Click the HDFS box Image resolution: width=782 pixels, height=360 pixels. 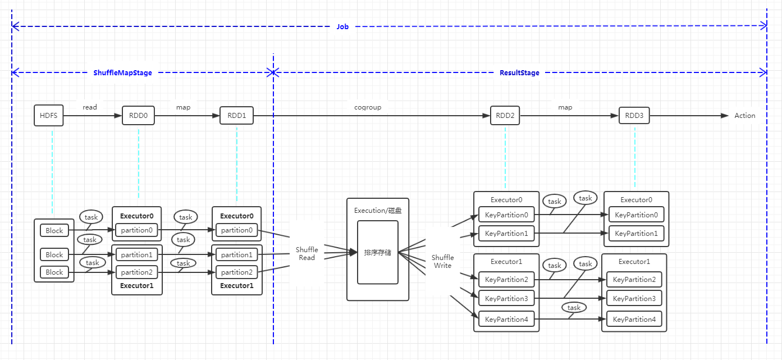pyautogui.click(x=49, y=116)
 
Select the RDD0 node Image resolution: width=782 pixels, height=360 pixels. pyautogui.click(x=138, y=116)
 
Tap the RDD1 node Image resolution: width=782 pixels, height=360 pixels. pyautogui.click(x=236, y=116)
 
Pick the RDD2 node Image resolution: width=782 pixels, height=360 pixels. pyautogui.click(x=505, y=116)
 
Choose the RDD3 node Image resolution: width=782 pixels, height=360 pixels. pyautogui.click(x=634, y=116)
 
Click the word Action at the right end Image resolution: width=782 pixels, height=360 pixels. pyautogui.click(x=745, y=116)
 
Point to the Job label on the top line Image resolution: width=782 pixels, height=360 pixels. pyautogui.click(x=342, y=26)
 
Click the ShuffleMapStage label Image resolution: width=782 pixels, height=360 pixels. pyautogui.click(x=122, y=72)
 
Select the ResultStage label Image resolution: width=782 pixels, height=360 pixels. pyautogui.click(x=519, y=72)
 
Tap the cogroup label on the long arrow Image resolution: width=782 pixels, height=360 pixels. pyautogui.click(x=368, y=107)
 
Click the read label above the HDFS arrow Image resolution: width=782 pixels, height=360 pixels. pyautogui.click(x=90, y=107)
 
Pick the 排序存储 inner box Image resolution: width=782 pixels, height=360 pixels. pyautogui.click(x=378, y=252)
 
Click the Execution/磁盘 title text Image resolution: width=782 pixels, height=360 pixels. pyautogui.click(x=378, y=211)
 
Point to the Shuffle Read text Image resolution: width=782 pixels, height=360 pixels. pyautogui.click(x=307, y=253)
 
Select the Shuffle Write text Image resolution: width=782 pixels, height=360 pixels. pyautogui.click(x=442, y=261)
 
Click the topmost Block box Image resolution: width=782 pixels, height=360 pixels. pyautogui.click(x=54, y=230)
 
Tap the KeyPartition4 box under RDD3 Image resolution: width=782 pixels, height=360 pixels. pyautogui.click(x=634, y=319)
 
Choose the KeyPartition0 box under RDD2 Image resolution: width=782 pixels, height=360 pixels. pyautogui.click(x=506, y=215)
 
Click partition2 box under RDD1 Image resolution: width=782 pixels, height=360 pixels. pyautogui.click(x=236, y=272)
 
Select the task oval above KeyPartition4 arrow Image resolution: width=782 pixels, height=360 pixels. pyautogui.click(x=574, y=307)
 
